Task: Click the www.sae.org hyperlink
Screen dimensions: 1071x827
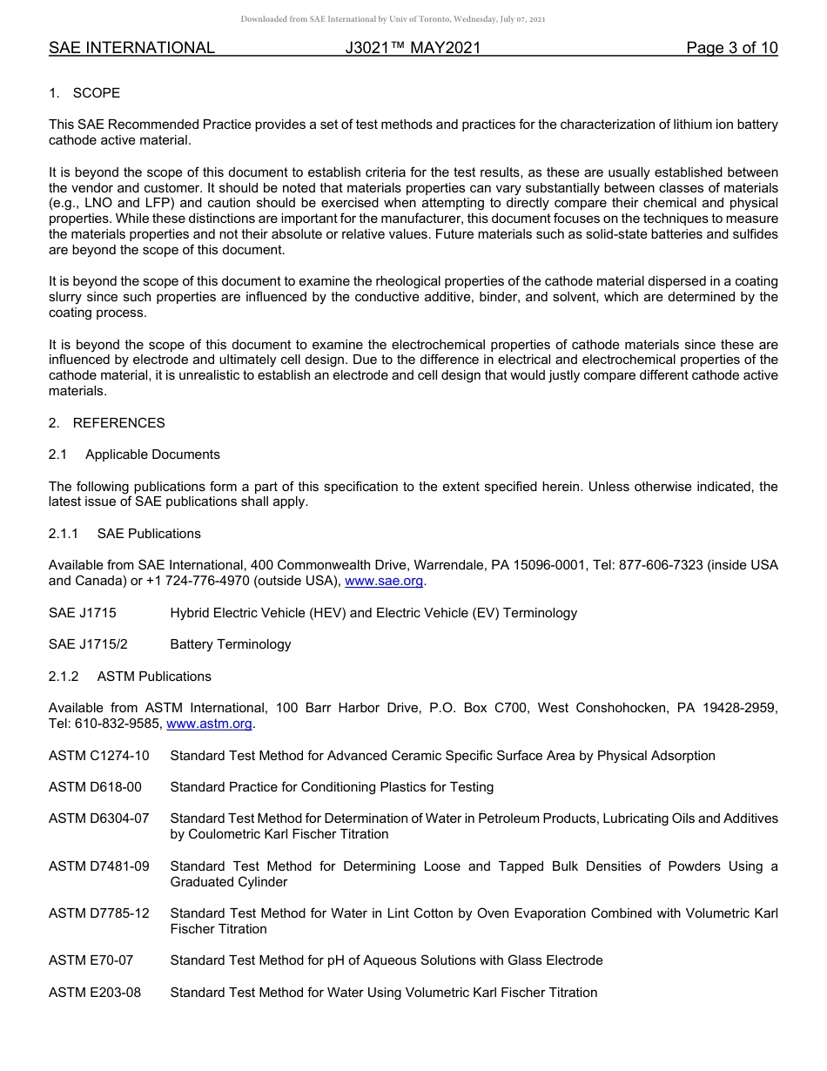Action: tap(385, 581)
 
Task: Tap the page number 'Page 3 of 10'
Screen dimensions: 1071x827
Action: tap(731, 48)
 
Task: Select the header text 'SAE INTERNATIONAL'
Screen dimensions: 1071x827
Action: tap(131, 48)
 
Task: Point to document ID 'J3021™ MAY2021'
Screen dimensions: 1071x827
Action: tap(413, 48)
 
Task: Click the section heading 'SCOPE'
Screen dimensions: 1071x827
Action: tap(97, 93)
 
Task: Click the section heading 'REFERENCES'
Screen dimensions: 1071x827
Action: tap(118, 423)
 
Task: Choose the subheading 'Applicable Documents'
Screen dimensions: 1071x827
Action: tap(152, 455)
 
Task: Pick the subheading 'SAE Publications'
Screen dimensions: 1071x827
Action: tap(149, 534)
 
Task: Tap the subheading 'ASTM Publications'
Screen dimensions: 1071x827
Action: tap(154, 677)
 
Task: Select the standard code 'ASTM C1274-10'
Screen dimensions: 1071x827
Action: tap(98, 756)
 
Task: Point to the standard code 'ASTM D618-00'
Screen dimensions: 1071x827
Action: tap(95, 787)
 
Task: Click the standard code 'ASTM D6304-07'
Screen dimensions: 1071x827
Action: tap(98, 818)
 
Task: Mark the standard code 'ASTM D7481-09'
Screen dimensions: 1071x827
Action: tap(98, 866)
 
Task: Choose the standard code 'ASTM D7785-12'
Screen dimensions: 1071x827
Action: tap(98, 913)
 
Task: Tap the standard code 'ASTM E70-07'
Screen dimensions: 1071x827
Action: tap(91, 960)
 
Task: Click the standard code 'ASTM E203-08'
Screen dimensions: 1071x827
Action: tap(94, 993)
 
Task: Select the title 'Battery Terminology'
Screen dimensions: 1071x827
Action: tap(231, 644)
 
